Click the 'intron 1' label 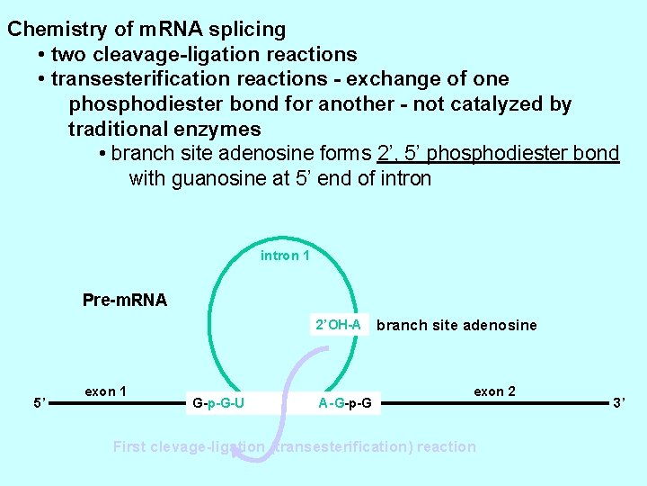pos(285,256)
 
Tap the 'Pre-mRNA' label pos(124,300)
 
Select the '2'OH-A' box pos(338,324)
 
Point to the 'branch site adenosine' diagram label pos(456,325)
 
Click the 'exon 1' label pos(105,391)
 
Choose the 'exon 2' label pos(494,391)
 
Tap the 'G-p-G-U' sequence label pos(218,402)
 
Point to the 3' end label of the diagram pos(620,403)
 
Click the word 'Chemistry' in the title pos(54,29)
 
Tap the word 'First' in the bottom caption pos(131,446)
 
